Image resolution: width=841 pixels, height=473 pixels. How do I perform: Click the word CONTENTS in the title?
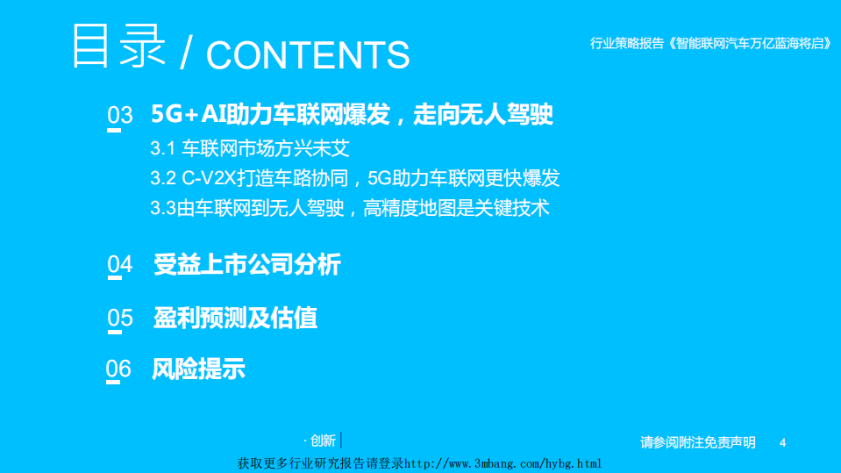[x=308, y=55]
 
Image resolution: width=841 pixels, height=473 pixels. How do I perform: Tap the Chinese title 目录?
[x=118, y=47]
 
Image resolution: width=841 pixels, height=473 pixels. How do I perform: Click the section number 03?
[x=119, y=116]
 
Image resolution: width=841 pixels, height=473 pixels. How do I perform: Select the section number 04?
[x=119, y=264]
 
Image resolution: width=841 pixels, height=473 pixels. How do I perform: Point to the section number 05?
[x=120, y=318]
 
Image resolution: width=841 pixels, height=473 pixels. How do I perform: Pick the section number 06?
[x=118, y=369]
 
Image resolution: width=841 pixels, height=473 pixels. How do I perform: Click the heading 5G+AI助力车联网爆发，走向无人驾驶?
[x=352, y=114]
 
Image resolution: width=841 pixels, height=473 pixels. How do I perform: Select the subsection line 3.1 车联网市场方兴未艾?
[x=250, y=148]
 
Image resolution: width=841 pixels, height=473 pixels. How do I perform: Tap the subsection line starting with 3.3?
[x=349, y=209]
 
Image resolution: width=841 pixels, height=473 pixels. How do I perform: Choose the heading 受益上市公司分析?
[x=246, y=264]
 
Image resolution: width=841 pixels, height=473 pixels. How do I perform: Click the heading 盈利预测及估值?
[x=235, y=318]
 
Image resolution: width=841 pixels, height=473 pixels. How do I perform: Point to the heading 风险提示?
[x=198, y=369]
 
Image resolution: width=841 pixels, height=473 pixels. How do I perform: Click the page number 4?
[x=782, y=442]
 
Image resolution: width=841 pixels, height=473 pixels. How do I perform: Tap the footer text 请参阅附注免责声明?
[x=697, y=442]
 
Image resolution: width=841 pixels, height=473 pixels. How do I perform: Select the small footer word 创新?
[x=323, y=441]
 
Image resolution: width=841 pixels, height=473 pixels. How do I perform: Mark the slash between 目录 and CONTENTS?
[x=185, y=55]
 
